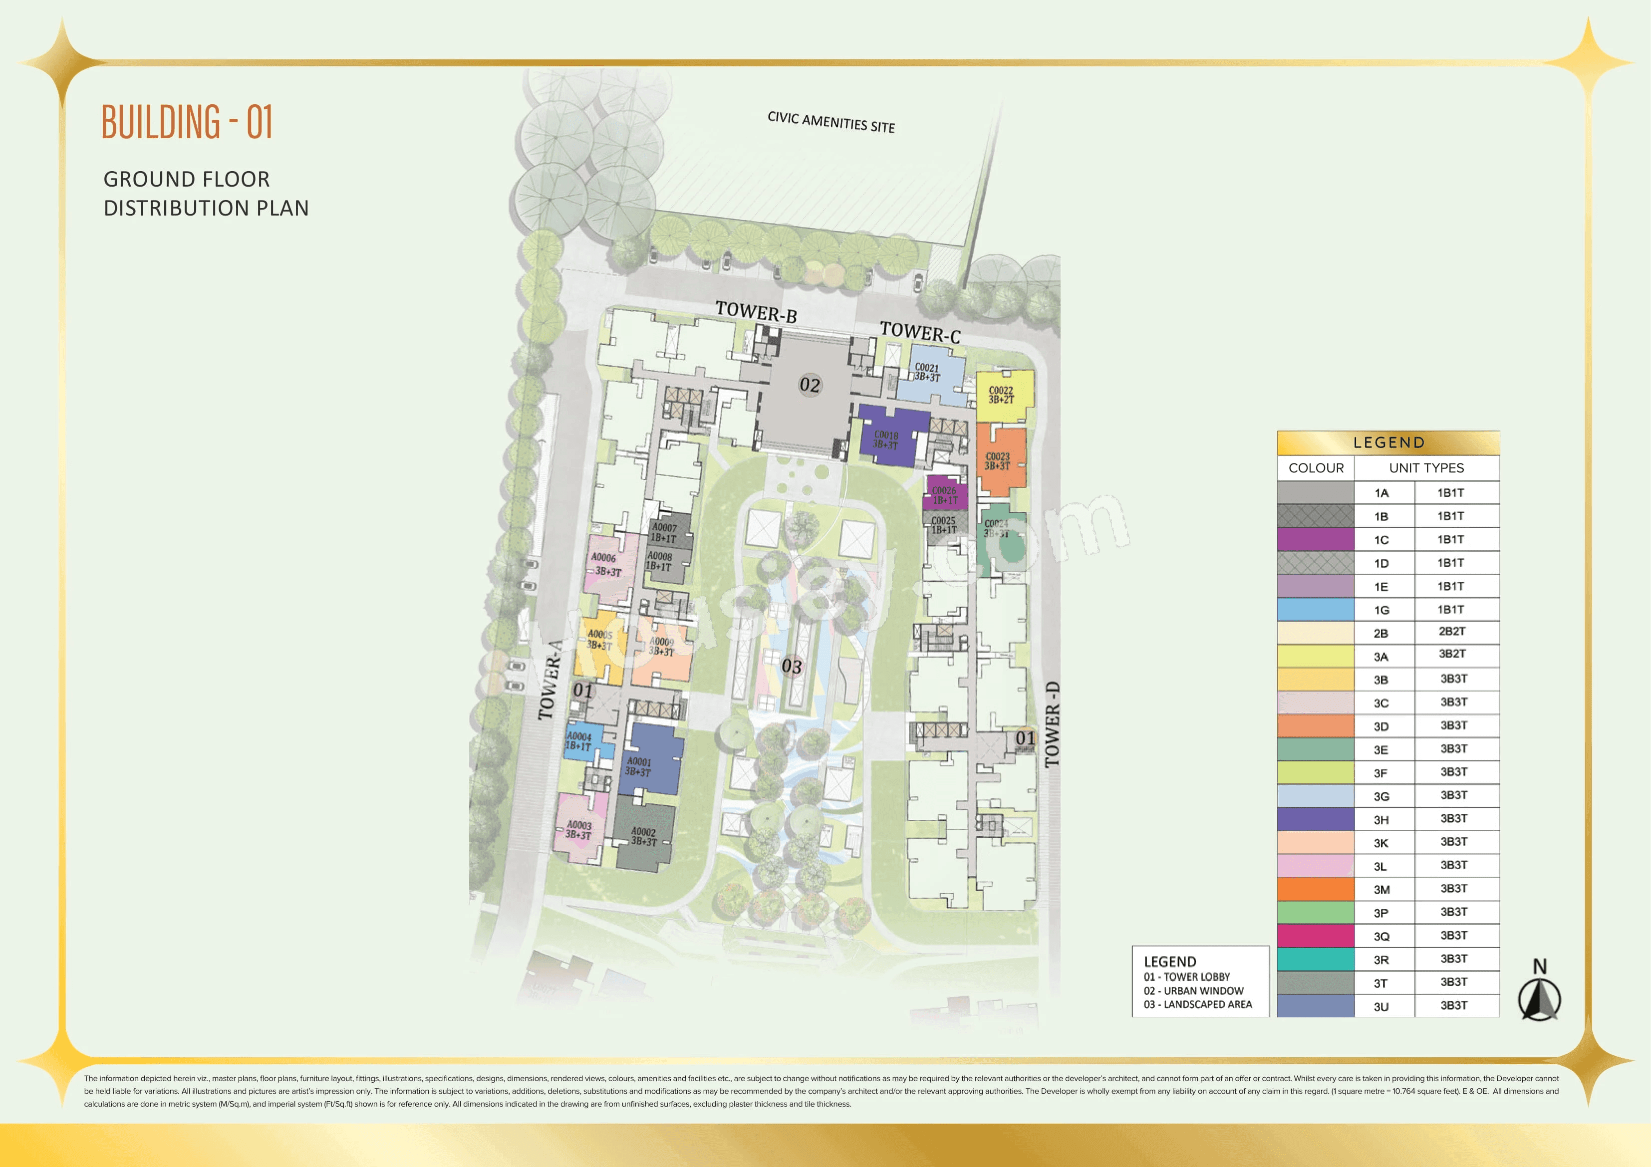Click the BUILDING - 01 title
point(187,122)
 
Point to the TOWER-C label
point(920,332)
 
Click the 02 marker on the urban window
point(810,385)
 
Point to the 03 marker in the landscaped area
point(791,666)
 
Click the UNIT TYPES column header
point(1426,468)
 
